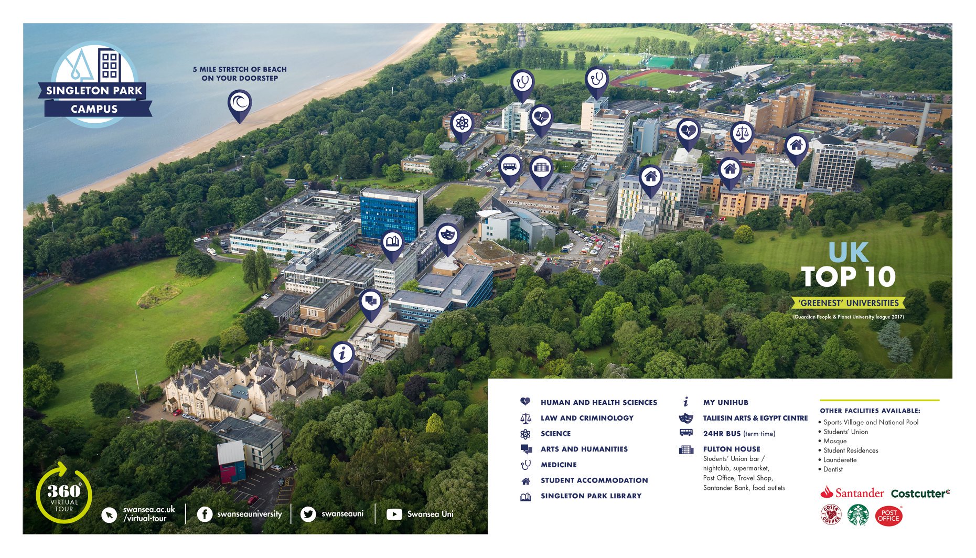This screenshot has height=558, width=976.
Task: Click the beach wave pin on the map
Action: point(240,103)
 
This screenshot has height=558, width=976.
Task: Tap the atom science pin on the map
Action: point(462,124)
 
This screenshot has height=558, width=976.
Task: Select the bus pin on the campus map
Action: point(510,167)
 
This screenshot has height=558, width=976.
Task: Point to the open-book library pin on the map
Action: point(392,243)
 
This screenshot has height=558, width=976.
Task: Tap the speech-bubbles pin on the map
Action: point(371,302)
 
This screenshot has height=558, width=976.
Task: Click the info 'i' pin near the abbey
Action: point(342,354)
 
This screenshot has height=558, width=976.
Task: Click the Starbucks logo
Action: point(858,515)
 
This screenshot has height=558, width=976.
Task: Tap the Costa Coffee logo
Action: point(831,514)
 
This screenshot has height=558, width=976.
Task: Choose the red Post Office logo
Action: point(888,516)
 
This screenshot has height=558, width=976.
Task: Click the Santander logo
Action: point(852,492)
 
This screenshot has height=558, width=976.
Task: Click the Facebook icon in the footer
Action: point(205,514)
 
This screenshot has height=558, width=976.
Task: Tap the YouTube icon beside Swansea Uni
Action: point(394,514)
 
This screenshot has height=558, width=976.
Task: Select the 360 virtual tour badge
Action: point(64,493)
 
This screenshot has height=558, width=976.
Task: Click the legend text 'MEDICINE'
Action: point(559,465)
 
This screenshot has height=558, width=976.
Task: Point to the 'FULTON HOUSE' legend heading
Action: point(732,449)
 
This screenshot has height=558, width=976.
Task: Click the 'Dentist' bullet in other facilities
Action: point(833,469)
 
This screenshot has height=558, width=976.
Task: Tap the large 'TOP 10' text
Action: point(848,277)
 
